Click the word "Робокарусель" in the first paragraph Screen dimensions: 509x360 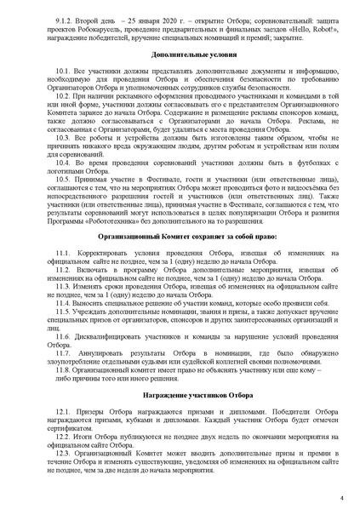pyautogui.click(x=99, y=26)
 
